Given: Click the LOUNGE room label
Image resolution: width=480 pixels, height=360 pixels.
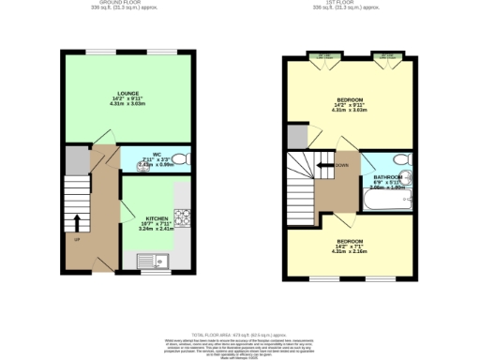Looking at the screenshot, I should coord(129,93).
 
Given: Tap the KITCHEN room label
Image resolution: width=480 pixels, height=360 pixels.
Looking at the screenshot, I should coord(157,218).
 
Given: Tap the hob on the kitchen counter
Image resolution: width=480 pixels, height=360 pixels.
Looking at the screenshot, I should coord(185,218).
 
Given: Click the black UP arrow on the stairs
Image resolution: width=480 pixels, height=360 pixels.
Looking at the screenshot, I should coord(77,224).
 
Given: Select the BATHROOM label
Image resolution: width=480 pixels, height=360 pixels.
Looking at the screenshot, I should coord(387,177).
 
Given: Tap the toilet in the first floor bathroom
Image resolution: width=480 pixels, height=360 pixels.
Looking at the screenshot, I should coord(400,159).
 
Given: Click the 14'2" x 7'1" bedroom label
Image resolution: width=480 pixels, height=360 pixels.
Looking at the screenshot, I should coord(350,246).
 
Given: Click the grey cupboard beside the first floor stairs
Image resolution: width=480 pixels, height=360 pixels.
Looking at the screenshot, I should coord(297,137).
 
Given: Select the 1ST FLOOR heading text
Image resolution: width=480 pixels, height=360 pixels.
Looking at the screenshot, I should coord(350,4).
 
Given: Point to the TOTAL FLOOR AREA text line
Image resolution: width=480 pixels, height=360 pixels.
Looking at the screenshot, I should coord(240,332).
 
